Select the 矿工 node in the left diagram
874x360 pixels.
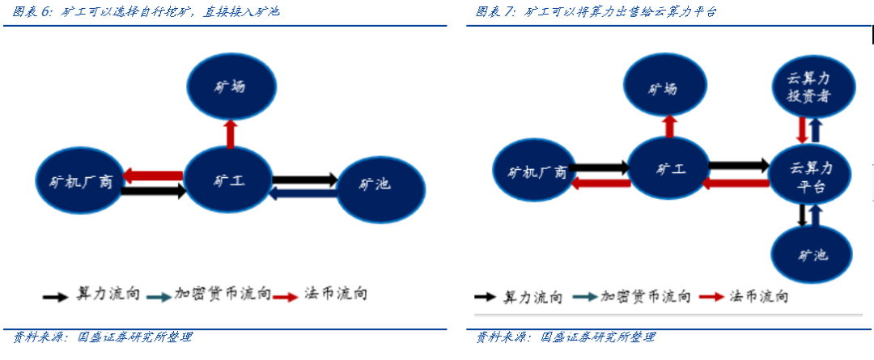pos(226,181)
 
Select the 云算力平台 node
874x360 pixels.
pos(811,176)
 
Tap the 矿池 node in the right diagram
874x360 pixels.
pos(812,255)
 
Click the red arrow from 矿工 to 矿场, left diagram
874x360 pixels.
pos(230,133)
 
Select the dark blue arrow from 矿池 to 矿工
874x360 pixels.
pos(303,193)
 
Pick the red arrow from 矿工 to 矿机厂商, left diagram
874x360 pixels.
pos(153,176)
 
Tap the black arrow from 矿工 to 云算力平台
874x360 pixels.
pos(739,165)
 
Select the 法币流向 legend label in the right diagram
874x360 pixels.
pos(758,296)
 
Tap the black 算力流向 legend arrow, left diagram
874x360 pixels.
pos(55,295)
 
